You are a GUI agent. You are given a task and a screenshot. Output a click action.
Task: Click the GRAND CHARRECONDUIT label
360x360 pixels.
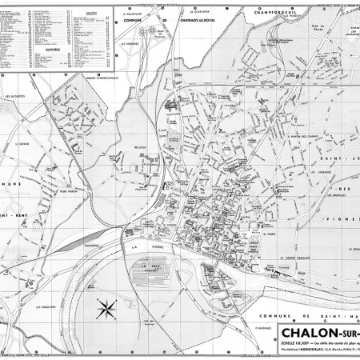tap(99, 78)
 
